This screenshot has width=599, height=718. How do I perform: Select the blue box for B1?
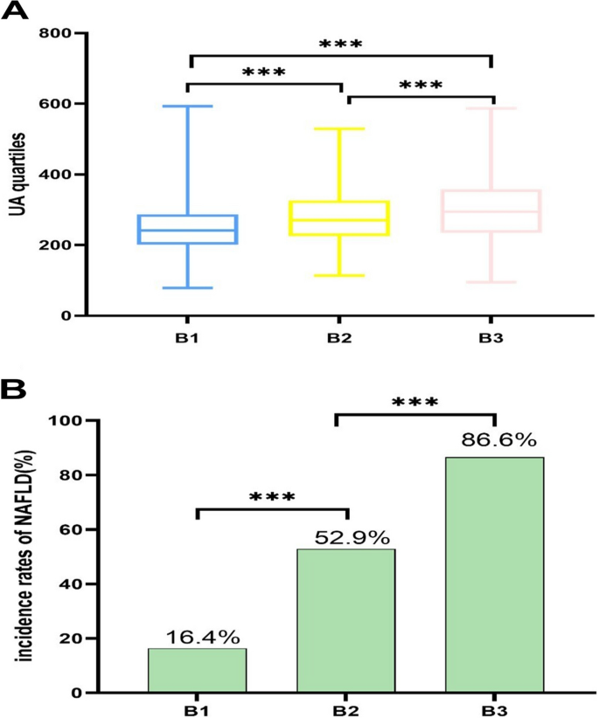(188, 229)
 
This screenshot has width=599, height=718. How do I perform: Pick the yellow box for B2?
(340, 218)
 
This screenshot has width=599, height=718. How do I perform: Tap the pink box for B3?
(491, 211)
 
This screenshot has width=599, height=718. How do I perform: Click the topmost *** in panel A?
(340, 44)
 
